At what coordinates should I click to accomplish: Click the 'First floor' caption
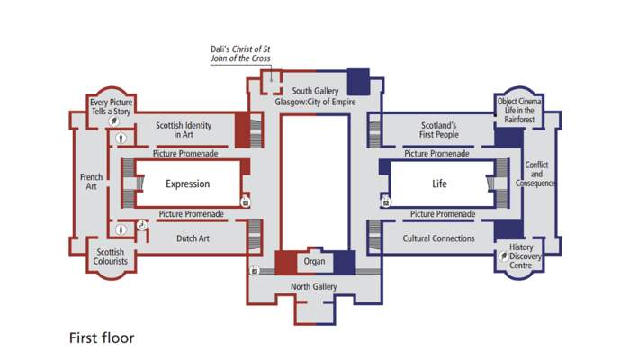click(x=102, y=338)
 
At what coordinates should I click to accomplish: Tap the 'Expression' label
click(x=188, y=184)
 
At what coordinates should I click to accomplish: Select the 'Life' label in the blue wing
click(x=439, y=184)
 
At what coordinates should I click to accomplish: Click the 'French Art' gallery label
click(x=91, y=182)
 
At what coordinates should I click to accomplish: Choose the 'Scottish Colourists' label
click(x=111, y=256)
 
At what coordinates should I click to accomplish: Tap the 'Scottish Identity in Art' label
click(x=184, y=130)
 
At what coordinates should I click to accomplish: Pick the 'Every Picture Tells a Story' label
click(x=111, y=107)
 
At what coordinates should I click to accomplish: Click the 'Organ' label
click(x=314, y=261)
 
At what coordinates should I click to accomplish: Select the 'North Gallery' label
click(x=314, y=286)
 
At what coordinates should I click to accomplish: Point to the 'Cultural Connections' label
click(x=439, y=238)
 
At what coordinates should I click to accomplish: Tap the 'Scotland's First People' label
click(x=439, y=130)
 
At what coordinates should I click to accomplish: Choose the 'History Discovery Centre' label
click(x=522, y=256)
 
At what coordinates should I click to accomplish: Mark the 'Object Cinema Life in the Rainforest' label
click(x=519, y=111)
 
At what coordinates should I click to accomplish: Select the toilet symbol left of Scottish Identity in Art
click(x=121, y=139)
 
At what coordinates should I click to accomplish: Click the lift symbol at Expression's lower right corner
click(x=245, y=202)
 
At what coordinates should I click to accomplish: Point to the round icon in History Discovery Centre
click(x=504, y=256)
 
